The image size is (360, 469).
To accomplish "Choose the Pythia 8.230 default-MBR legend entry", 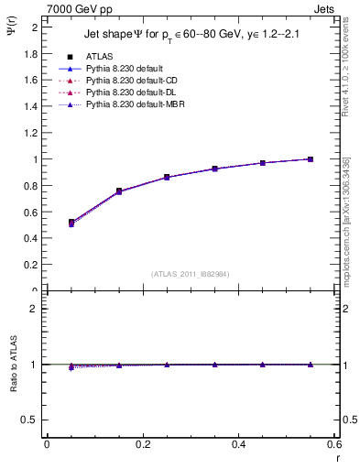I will point(128,105).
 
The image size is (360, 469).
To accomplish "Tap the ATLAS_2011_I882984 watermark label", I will point(191,273).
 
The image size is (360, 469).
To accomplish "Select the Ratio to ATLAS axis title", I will point(14,364).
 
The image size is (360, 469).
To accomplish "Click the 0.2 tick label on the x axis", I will point(142,445).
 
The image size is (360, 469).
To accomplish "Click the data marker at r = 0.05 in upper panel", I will point(71,223).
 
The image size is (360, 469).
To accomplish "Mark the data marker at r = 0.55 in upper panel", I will point(311,159).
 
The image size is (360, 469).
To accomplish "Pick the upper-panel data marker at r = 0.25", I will point(167,177).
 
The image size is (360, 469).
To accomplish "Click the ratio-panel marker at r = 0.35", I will point(214,365).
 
